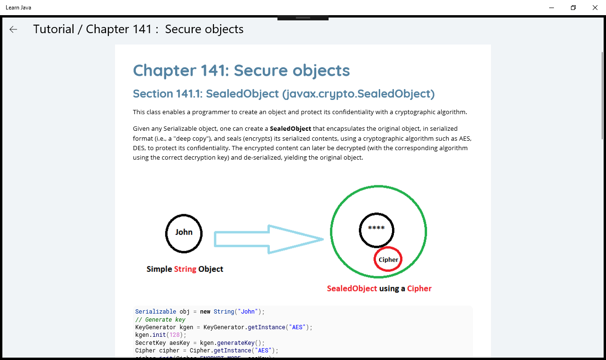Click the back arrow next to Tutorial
(x=13, y=29)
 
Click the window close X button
(x=595, y=8)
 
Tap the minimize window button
(x=552, y=8)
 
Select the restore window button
(x=573, y=8)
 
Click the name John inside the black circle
(x=184, y=232)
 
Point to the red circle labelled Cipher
(x=388, y=247)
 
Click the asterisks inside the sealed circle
(x=376, y=228)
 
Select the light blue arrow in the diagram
(x=268, y=239)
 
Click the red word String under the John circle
(x=185, y=269)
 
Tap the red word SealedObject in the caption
(x=352, y=288)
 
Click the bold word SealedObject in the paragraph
(x=290, y=128)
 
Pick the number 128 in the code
(x=175, y=335)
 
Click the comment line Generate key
(x=160, y=320)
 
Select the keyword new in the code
(x=205, y=312)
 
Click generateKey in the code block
(x=236, y=343)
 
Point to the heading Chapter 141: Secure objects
(x=241, y=71)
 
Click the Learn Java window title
(x=18, y=8)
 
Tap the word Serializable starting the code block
(x=156, y=312)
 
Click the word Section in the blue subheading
(x=153, y=94)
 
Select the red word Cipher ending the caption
(x=419, y=288)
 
